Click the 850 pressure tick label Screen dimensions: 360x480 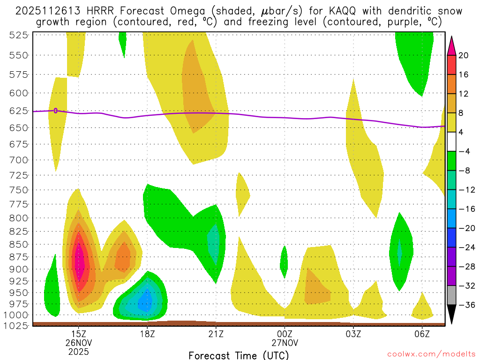click(x=19, y=244)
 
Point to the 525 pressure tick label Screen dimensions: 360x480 click(x=19, y=35)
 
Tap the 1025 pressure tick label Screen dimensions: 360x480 click(x=17, y=325)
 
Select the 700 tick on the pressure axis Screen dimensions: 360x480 click(x=19, y=160)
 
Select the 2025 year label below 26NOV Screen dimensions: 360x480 click(x=78, y=350)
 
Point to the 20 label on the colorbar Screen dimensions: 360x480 click(x=464, y=55)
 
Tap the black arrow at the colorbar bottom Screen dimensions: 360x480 click(x=451, y=314)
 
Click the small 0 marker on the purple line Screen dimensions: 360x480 click(x=56, y=111)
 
